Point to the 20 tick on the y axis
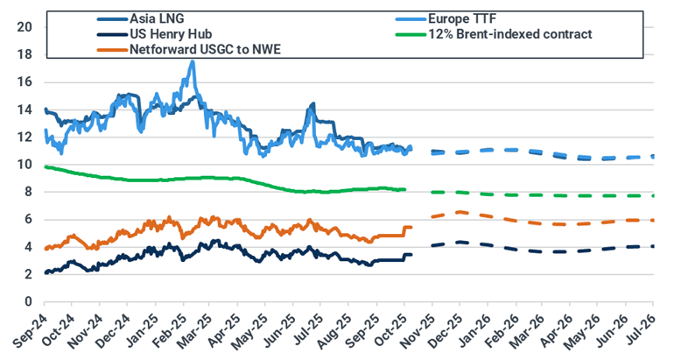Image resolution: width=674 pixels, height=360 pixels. point(25,27)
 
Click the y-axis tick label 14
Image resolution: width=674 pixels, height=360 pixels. point(25,109)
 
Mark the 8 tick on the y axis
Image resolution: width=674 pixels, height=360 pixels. point(29,192)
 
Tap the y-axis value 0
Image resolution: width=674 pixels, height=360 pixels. point(29,301)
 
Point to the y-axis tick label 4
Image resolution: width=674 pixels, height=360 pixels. point(29,247)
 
